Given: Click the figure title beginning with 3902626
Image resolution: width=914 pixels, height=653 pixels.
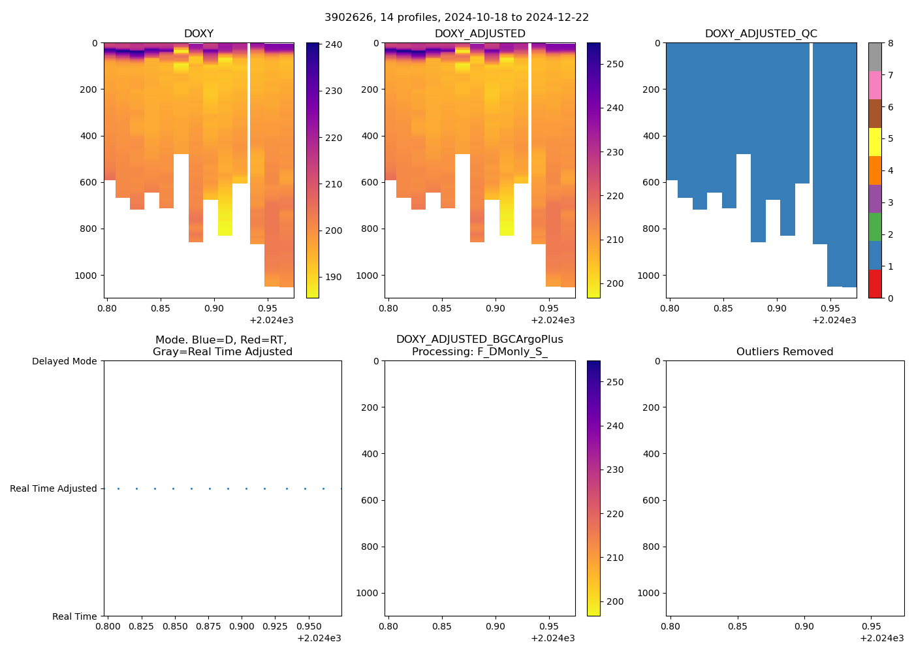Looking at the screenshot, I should (456, 18).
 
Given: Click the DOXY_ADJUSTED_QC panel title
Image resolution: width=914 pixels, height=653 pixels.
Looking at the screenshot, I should (761, 34).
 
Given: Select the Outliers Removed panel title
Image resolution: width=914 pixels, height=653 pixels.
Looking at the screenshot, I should (784, 352).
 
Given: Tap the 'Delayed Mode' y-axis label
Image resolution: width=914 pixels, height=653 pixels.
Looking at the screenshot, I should (64, 361).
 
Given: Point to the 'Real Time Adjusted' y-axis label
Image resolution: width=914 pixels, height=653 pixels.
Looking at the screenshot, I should (53, 488).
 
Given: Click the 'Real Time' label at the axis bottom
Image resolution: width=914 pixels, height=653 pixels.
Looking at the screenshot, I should (74, 616).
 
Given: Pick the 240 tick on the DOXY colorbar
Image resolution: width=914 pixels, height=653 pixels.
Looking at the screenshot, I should (334, 44).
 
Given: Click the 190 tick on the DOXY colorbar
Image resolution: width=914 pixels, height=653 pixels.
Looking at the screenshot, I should (334, 277).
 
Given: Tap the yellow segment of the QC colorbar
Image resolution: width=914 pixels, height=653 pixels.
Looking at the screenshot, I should (875, 142).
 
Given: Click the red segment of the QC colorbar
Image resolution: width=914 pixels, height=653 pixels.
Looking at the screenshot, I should (875, 284).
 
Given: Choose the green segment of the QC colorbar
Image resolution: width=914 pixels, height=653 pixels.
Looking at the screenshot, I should (875, 227).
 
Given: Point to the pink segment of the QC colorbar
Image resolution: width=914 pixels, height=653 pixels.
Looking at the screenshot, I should (875, 86).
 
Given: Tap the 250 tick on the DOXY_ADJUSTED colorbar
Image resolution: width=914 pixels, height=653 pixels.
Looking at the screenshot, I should (615, 64).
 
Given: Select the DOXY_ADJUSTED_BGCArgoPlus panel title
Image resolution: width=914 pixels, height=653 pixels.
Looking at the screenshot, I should (479, 345).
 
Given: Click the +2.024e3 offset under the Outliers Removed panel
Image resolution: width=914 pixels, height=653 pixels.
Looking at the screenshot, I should (881, 638).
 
